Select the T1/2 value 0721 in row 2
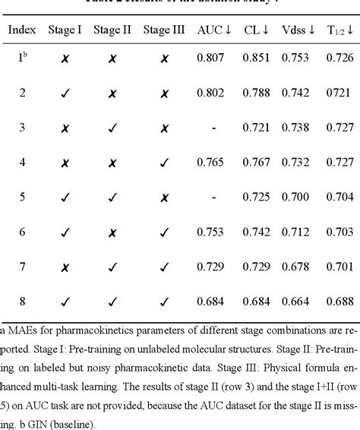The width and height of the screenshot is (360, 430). [x=339, y=93]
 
